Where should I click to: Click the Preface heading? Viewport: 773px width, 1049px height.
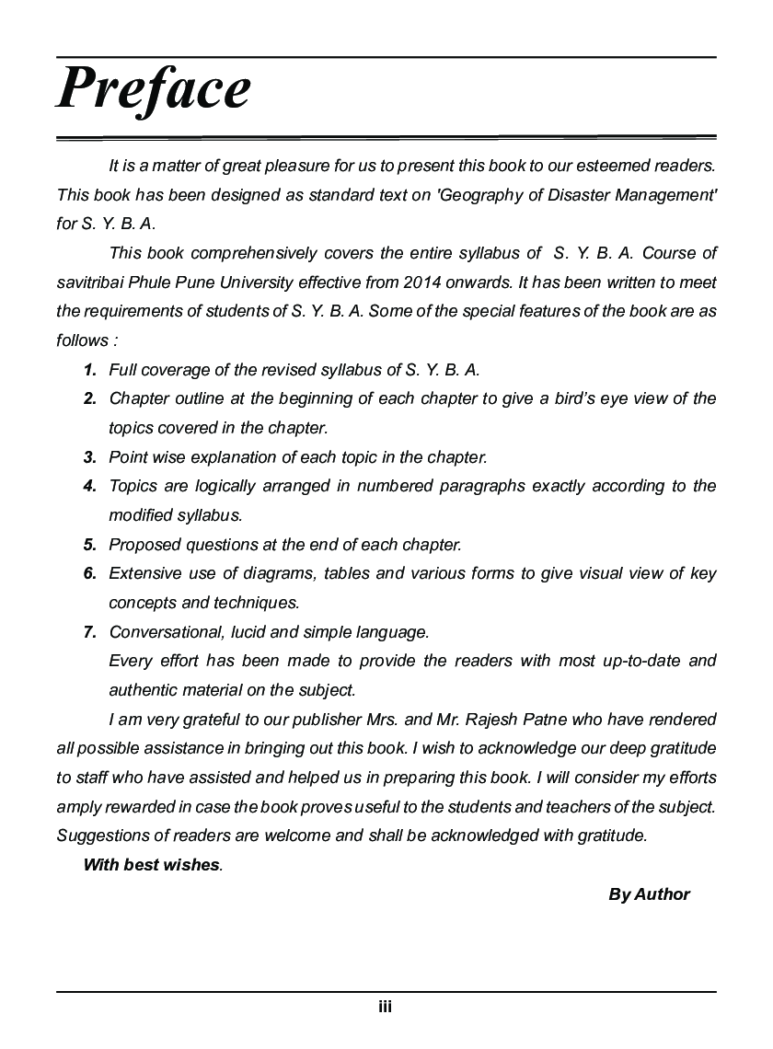coord(154,88)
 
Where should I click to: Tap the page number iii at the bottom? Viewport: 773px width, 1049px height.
coord(386,1007)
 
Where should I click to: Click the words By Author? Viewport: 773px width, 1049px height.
coord(649,893)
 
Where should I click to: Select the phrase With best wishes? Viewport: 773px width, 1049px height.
coord(152,865)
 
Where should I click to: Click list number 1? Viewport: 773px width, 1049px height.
coord(89,370)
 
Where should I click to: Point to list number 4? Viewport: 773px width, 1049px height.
coord(89,486)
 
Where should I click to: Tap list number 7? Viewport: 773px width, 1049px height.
coord(89,632)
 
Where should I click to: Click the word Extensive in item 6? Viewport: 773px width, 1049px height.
coord(141,573)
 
